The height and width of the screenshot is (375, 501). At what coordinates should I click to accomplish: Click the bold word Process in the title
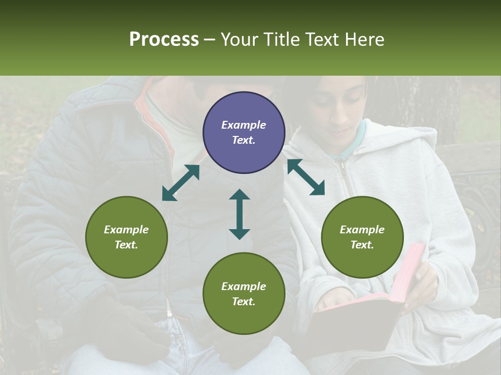[x=164, y=40]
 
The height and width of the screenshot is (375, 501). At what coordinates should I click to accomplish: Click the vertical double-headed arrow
[x=240, y=214]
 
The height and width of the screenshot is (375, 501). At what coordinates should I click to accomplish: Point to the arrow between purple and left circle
[x=181, y=183]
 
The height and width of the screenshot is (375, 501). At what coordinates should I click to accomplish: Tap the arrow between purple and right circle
[x=306, y=177]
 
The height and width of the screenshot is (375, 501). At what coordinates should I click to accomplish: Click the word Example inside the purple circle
[x=244, y=125]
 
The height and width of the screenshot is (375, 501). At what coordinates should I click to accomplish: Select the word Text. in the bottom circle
[x=244, y=302]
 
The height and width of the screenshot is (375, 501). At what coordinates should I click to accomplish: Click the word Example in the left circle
[x=126, y=230]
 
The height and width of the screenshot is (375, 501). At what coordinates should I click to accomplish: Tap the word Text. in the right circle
[x=362, y=245]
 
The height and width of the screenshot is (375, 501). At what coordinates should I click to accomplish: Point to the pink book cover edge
[x=412, y=271]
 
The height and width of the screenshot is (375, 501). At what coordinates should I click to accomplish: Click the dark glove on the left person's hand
[x=125, y=323]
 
